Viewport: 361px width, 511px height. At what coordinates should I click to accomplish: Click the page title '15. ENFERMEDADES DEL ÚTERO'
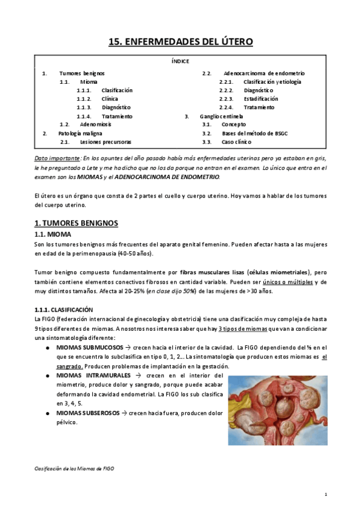pyautogui.click(x=180, y=42)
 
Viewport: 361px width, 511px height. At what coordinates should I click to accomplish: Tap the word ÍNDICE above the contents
pyautogui.click(x=180, y=61)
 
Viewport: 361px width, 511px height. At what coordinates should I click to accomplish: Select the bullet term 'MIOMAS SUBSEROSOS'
pyautogui.click(x=87, y=413)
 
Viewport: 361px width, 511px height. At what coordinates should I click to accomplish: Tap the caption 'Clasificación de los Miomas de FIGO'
pyautogui.click(x=74, y=468)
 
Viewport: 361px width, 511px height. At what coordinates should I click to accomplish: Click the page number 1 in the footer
pyautogui.click(x=325, y=494)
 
